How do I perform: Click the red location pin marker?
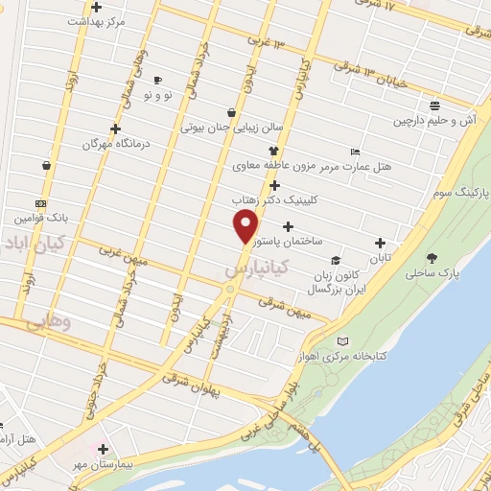click(246, 226)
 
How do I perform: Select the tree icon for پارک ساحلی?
click(432, 257)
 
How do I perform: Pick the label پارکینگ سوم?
click(455, 192)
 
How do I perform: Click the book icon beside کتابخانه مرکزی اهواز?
click(343, 340)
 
